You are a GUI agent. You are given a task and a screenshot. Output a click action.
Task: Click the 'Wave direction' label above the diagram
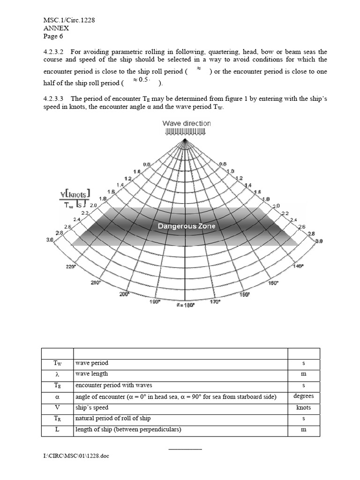click(187, 123)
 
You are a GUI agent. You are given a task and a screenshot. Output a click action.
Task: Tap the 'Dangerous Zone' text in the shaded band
click(187, 226)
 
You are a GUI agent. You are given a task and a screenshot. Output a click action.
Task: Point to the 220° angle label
click(70, 266)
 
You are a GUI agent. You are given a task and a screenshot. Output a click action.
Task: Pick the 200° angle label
click(124, 294)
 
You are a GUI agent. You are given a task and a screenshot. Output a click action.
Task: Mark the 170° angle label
click(215, 302)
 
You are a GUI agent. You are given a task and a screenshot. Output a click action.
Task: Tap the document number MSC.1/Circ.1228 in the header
click(70, 20)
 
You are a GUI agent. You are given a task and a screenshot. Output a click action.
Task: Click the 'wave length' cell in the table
click(91, 374)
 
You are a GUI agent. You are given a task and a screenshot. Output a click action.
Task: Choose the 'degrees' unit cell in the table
click(303, 396)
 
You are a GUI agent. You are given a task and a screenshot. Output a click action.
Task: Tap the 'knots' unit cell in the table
click(303, 407)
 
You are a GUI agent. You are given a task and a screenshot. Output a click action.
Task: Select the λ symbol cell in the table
click(57, 374)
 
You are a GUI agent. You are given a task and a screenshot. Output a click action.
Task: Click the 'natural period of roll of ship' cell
click(113, 418)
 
